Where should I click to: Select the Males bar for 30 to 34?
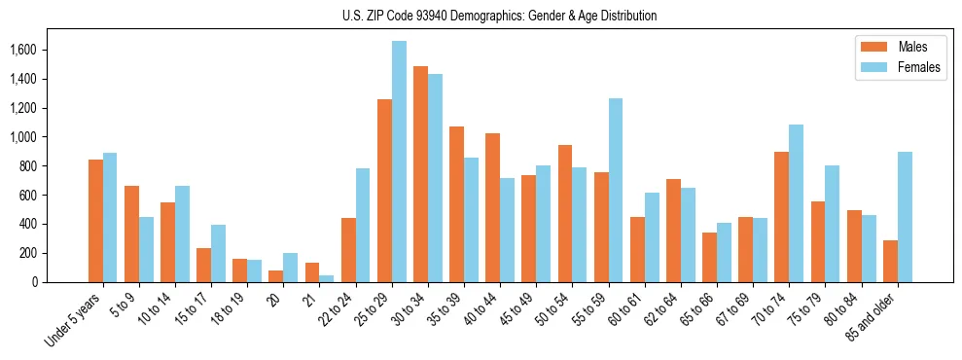click(420, 174)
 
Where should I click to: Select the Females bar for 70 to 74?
click(797, 203)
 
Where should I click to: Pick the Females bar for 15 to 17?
click(218, 254)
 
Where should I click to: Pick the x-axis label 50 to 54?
click(552, 309)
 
